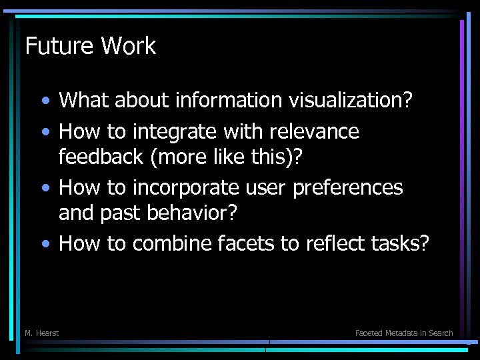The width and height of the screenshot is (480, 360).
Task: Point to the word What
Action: [x=84, y=101]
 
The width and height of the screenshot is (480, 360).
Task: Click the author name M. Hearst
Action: [x=41, y=333]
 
